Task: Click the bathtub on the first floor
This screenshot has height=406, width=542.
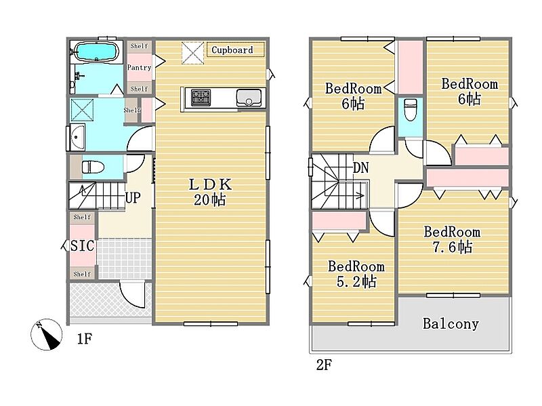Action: click(x=96, y=52)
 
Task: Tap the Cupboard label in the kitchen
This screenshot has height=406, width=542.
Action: click(x=232, y=49)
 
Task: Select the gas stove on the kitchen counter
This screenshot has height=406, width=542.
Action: click(x=201, y=98)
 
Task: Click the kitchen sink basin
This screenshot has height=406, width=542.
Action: click(x=249, y=98)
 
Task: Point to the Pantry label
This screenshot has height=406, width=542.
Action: click(x=139, y=67)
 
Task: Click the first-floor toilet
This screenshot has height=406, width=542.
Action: click(x=93, y=167)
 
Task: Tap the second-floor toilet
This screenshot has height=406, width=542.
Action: click(x=411, y=110)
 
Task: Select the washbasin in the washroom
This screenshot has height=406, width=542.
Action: click(x=77, y=138)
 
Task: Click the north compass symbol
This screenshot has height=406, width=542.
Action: click(x=46, y=334)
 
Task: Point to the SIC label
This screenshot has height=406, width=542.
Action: click(x=82, y=245)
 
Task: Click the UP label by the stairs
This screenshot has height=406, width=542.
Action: click(x=133, y=198)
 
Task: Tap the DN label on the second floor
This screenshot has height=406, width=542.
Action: click(x=361, y=168)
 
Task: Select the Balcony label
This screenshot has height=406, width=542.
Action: click(x=451, y=324)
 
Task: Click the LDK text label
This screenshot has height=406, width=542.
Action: click(x=210, y=184)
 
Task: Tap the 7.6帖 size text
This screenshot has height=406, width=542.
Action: click(x=453, y=247)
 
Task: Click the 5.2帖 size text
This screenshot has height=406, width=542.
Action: click(x=356, y=281)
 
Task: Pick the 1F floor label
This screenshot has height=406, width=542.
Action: click(x=84, y=339)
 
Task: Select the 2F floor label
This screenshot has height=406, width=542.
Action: click(x=324, y=365)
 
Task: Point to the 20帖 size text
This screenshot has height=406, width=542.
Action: click(x=210, y=200)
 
